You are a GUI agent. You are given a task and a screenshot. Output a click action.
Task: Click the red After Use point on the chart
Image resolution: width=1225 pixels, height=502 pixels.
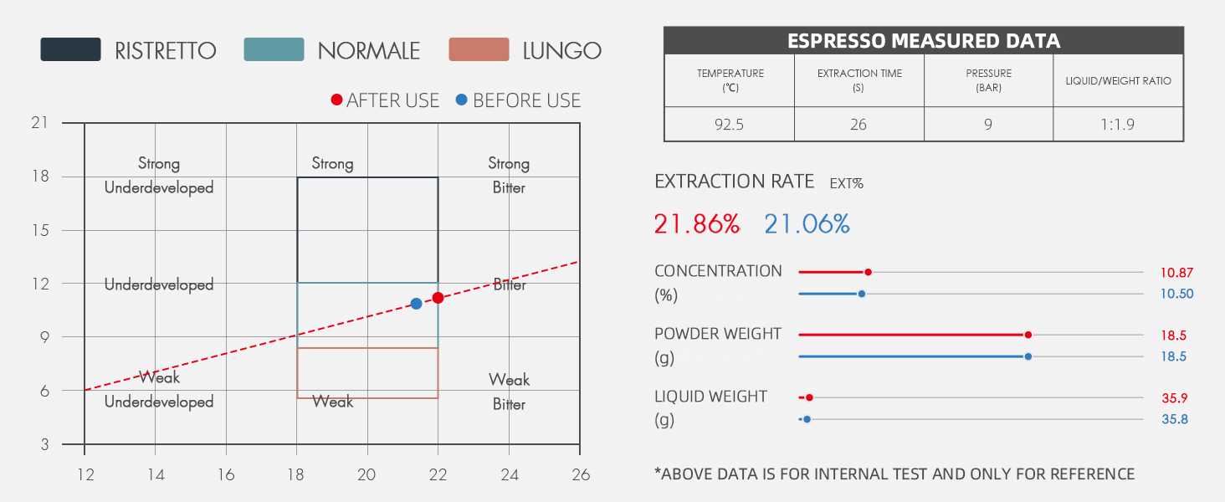[437, 298]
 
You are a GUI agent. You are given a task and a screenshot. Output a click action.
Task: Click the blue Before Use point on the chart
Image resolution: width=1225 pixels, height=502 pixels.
[416, 303]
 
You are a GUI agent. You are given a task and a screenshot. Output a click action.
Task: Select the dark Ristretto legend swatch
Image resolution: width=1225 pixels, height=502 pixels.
[70, 49]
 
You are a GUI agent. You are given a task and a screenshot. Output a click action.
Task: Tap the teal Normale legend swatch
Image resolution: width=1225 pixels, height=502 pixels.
[274, 49]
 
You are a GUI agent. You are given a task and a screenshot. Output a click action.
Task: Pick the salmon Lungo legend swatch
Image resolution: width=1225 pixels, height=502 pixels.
[479, 49]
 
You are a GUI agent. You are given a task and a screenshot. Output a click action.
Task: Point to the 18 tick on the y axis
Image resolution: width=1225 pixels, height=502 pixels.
[40, 177]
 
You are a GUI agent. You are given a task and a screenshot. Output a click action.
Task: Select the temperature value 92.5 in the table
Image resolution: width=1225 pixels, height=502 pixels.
[729, 125]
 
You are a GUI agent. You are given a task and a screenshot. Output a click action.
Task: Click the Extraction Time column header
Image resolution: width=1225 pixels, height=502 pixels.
[859, 80]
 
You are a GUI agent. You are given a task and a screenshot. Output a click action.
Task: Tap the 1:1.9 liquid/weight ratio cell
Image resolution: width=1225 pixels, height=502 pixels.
[1118, 125]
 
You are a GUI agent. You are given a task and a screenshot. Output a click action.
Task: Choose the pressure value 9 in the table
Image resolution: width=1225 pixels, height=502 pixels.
[988, 125]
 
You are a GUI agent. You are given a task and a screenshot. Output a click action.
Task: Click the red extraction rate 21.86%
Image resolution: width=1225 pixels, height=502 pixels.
[697, 224]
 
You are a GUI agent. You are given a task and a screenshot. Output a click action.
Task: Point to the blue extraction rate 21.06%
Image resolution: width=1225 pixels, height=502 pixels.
[807, 224]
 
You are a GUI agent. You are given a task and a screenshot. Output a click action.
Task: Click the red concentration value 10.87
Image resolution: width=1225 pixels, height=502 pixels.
[1176, 272]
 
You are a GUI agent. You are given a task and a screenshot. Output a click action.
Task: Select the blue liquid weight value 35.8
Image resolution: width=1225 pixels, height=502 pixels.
[1175, 418]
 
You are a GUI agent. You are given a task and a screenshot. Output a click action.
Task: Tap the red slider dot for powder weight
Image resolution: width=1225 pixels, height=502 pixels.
[1028, 335]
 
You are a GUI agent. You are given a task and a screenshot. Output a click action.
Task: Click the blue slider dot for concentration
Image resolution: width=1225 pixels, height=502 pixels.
[861, 294]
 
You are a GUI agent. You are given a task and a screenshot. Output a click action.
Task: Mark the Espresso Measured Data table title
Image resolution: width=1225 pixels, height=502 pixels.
[924, 41]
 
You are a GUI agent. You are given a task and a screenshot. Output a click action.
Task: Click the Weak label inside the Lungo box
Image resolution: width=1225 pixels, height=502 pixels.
[332, 402]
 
